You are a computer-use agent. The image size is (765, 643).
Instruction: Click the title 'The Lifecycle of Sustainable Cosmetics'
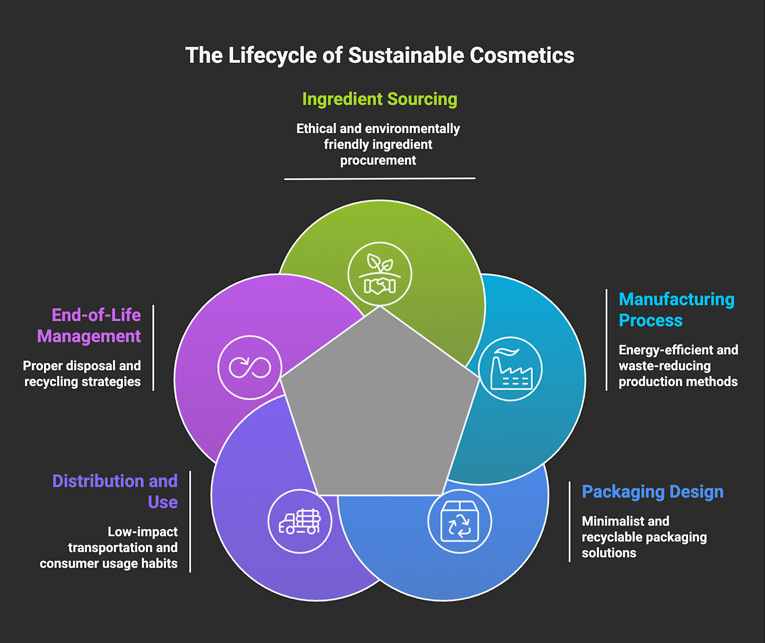click(380, 55)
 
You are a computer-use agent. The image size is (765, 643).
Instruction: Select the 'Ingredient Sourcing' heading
click(380, 99)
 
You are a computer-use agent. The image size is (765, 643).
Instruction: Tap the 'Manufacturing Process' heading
click(676, 310)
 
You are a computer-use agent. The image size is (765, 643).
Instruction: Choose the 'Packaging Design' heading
click(653, 492)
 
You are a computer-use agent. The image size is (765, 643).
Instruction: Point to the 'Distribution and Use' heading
click(115, 491)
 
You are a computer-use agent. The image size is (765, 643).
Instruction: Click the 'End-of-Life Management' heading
click(89, 325)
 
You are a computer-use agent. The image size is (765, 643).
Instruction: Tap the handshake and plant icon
click(380, 274)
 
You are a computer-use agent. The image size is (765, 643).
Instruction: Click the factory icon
click(510, 369)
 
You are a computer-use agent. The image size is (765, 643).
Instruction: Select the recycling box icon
click(460, 521)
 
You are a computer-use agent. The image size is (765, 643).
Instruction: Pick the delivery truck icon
click(300, 521)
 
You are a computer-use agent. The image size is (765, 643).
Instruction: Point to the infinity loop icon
click(250, 368)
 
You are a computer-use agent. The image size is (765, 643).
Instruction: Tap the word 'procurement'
click(378, 160)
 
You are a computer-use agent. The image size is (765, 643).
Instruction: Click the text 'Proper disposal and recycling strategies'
click(82, 374)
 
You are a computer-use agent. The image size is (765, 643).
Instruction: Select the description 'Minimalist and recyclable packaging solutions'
click(644, 537)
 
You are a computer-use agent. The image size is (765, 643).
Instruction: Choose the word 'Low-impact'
click(143, 532)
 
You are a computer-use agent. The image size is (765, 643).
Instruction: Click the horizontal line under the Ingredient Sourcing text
click(380, 179)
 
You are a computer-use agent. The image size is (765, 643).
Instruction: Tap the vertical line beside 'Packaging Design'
click(570, 522)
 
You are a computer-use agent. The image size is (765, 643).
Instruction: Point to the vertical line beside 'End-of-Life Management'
click(153, 348)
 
